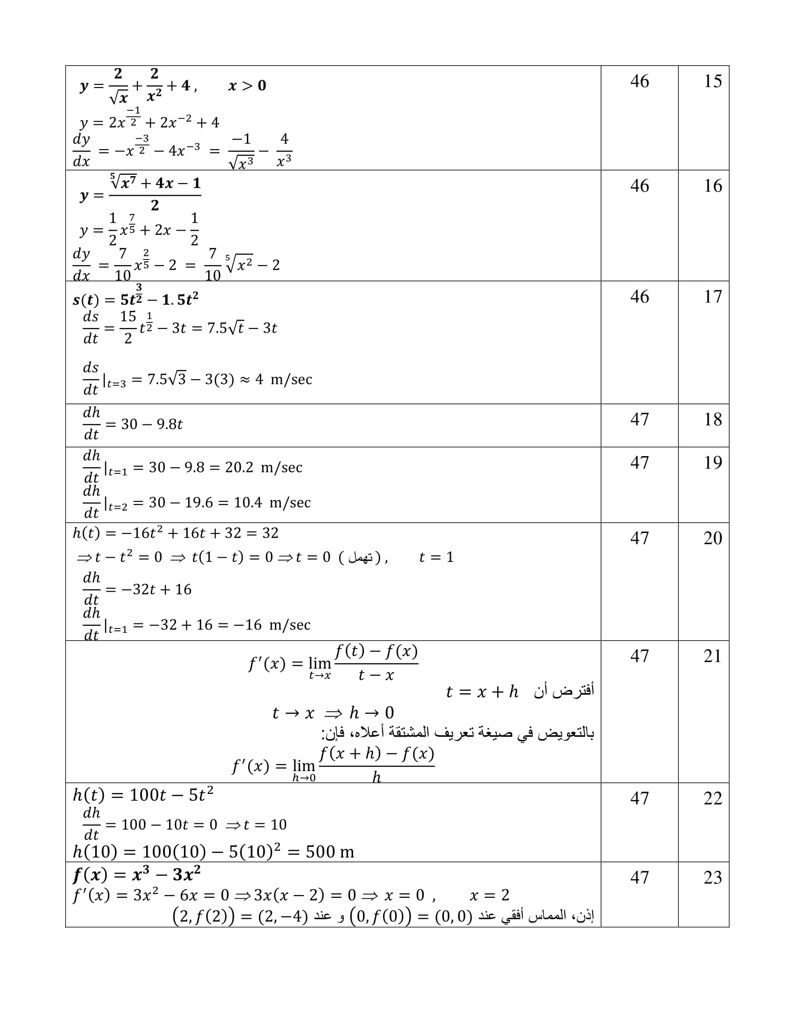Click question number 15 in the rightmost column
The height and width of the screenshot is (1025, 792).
click(x=712, y=81)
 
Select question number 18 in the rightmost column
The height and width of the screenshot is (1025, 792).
click(x=712, y=419)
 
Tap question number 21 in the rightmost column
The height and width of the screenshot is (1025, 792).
click(x=712, y=656)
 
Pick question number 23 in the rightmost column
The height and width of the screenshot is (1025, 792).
click(x=712, y=877)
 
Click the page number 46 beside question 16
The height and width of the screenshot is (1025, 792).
click(x=640, y=186)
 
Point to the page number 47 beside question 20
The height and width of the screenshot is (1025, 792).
click(x=640, y=538)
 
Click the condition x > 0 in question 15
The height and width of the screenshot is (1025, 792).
click(x=247, y=85)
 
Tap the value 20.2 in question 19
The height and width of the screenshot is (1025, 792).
click(x=239, y=467)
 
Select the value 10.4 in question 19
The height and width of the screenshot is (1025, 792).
click(x=248, y=503)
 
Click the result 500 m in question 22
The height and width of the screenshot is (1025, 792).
click(x=330, y=852)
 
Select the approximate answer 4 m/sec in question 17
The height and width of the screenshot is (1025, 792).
click(x=283, y=379)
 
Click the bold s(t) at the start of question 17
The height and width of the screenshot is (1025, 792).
click(x=86, y=300)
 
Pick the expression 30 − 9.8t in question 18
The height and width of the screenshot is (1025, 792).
click(x=151, y=424)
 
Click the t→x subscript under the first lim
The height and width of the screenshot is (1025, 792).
click(x=320, y=676)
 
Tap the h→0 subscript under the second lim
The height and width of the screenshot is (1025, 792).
click(x=304, y=778)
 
